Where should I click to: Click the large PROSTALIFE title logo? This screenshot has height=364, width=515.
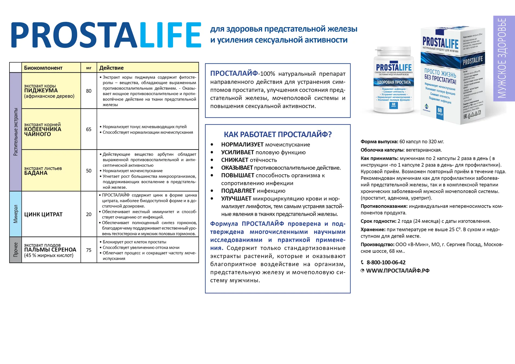(106, 35)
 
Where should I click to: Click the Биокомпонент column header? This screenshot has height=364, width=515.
(43, 68)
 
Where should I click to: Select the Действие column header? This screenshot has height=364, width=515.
(111, 68)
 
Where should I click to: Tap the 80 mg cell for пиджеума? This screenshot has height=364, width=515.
(89, 91)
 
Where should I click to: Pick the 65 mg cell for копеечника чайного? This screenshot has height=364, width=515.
(89, 129)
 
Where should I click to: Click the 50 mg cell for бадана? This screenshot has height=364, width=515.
(89, 171)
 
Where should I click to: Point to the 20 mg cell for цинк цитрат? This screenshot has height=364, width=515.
(89, 214)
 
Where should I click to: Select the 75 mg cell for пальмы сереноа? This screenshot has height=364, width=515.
(89, 250)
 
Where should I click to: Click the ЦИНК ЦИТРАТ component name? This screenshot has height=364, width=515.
(43, 214)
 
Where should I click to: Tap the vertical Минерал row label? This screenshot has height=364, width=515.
(15, 214)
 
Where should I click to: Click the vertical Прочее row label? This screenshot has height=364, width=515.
(15, 250)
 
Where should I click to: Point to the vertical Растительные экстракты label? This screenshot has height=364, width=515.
(15, 132)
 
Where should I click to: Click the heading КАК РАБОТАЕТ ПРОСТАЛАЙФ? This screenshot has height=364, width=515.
(278, 134)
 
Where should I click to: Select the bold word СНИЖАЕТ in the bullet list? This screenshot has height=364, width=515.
(235, 160)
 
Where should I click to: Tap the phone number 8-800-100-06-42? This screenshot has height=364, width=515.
(386, 262)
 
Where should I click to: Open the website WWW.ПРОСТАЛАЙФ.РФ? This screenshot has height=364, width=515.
(398, 270)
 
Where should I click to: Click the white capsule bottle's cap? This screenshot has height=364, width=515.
(393, 51)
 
